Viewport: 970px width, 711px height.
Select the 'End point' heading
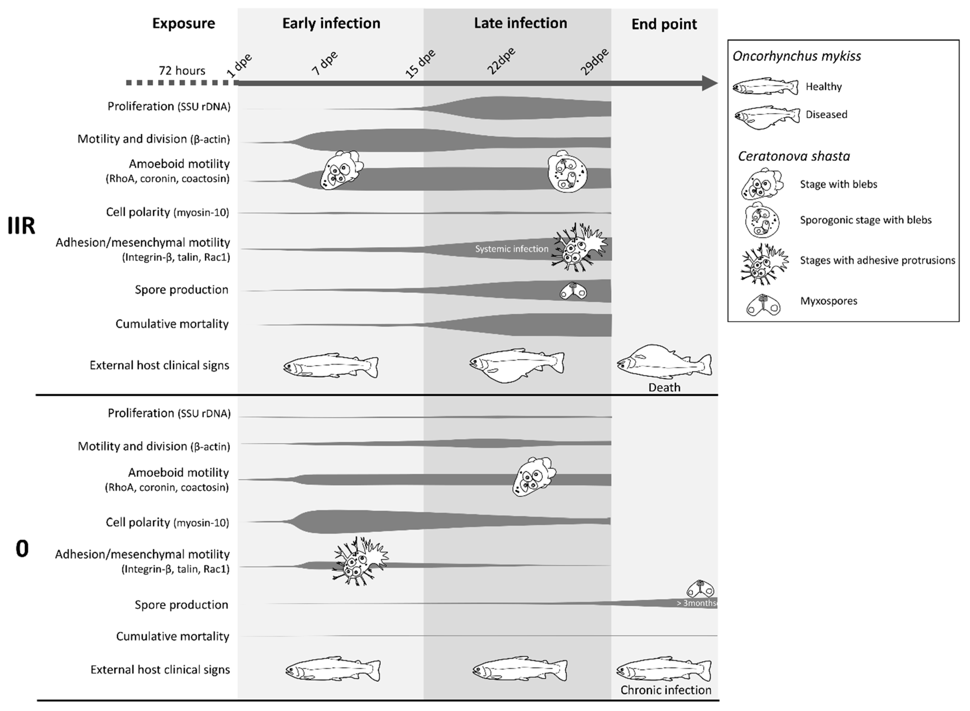[x=664, y=24]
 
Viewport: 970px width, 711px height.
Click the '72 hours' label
[x=182, y=70]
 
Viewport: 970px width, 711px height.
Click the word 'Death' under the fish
[x=664, y=387]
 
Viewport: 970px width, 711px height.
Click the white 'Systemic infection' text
[x=512, y=249]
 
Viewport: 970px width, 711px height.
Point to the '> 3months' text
[x=696, y=603]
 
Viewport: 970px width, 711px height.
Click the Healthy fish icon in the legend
[x=765, y=87]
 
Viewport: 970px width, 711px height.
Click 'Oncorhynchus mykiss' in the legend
[x=797, y=56]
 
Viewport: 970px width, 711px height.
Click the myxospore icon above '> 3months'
[x=700, y=588]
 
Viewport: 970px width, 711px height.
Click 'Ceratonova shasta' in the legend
[x=794, y=156]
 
